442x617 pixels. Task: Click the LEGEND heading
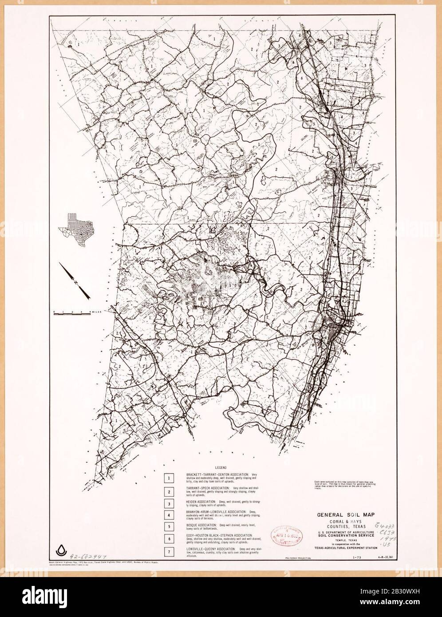[221, 468]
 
